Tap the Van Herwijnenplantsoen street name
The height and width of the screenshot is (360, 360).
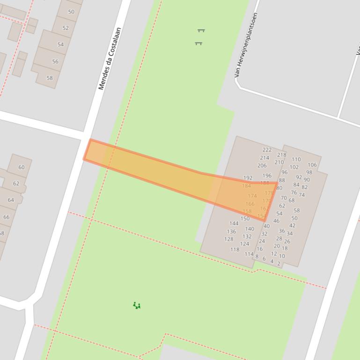(246, 45)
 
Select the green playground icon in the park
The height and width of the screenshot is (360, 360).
(136, 305)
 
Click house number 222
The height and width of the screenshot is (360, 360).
(267, 150)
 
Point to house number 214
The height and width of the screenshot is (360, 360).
(264, 158)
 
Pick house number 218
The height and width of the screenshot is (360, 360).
(281, 155)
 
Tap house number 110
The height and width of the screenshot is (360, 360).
(296, 159)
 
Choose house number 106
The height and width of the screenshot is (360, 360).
(312, 165)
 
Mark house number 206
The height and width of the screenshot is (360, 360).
(262, 166)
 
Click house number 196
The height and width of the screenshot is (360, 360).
(267, 176)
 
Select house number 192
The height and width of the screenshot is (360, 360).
(248, 178)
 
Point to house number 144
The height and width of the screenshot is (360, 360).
(234, 223)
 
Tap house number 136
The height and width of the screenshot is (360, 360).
(231, 231)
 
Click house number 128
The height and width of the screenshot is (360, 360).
(228, 239)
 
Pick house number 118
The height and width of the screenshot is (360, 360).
(235, 250)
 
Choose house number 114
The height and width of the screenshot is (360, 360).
(249, 254)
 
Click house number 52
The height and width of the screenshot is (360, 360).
(66, 28)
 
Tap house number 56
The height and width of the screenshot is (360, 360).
(55, 61)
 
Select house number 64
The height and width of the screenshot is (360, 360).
(11, 200)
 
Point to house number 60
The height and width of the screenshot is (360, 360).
(22, 167)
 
